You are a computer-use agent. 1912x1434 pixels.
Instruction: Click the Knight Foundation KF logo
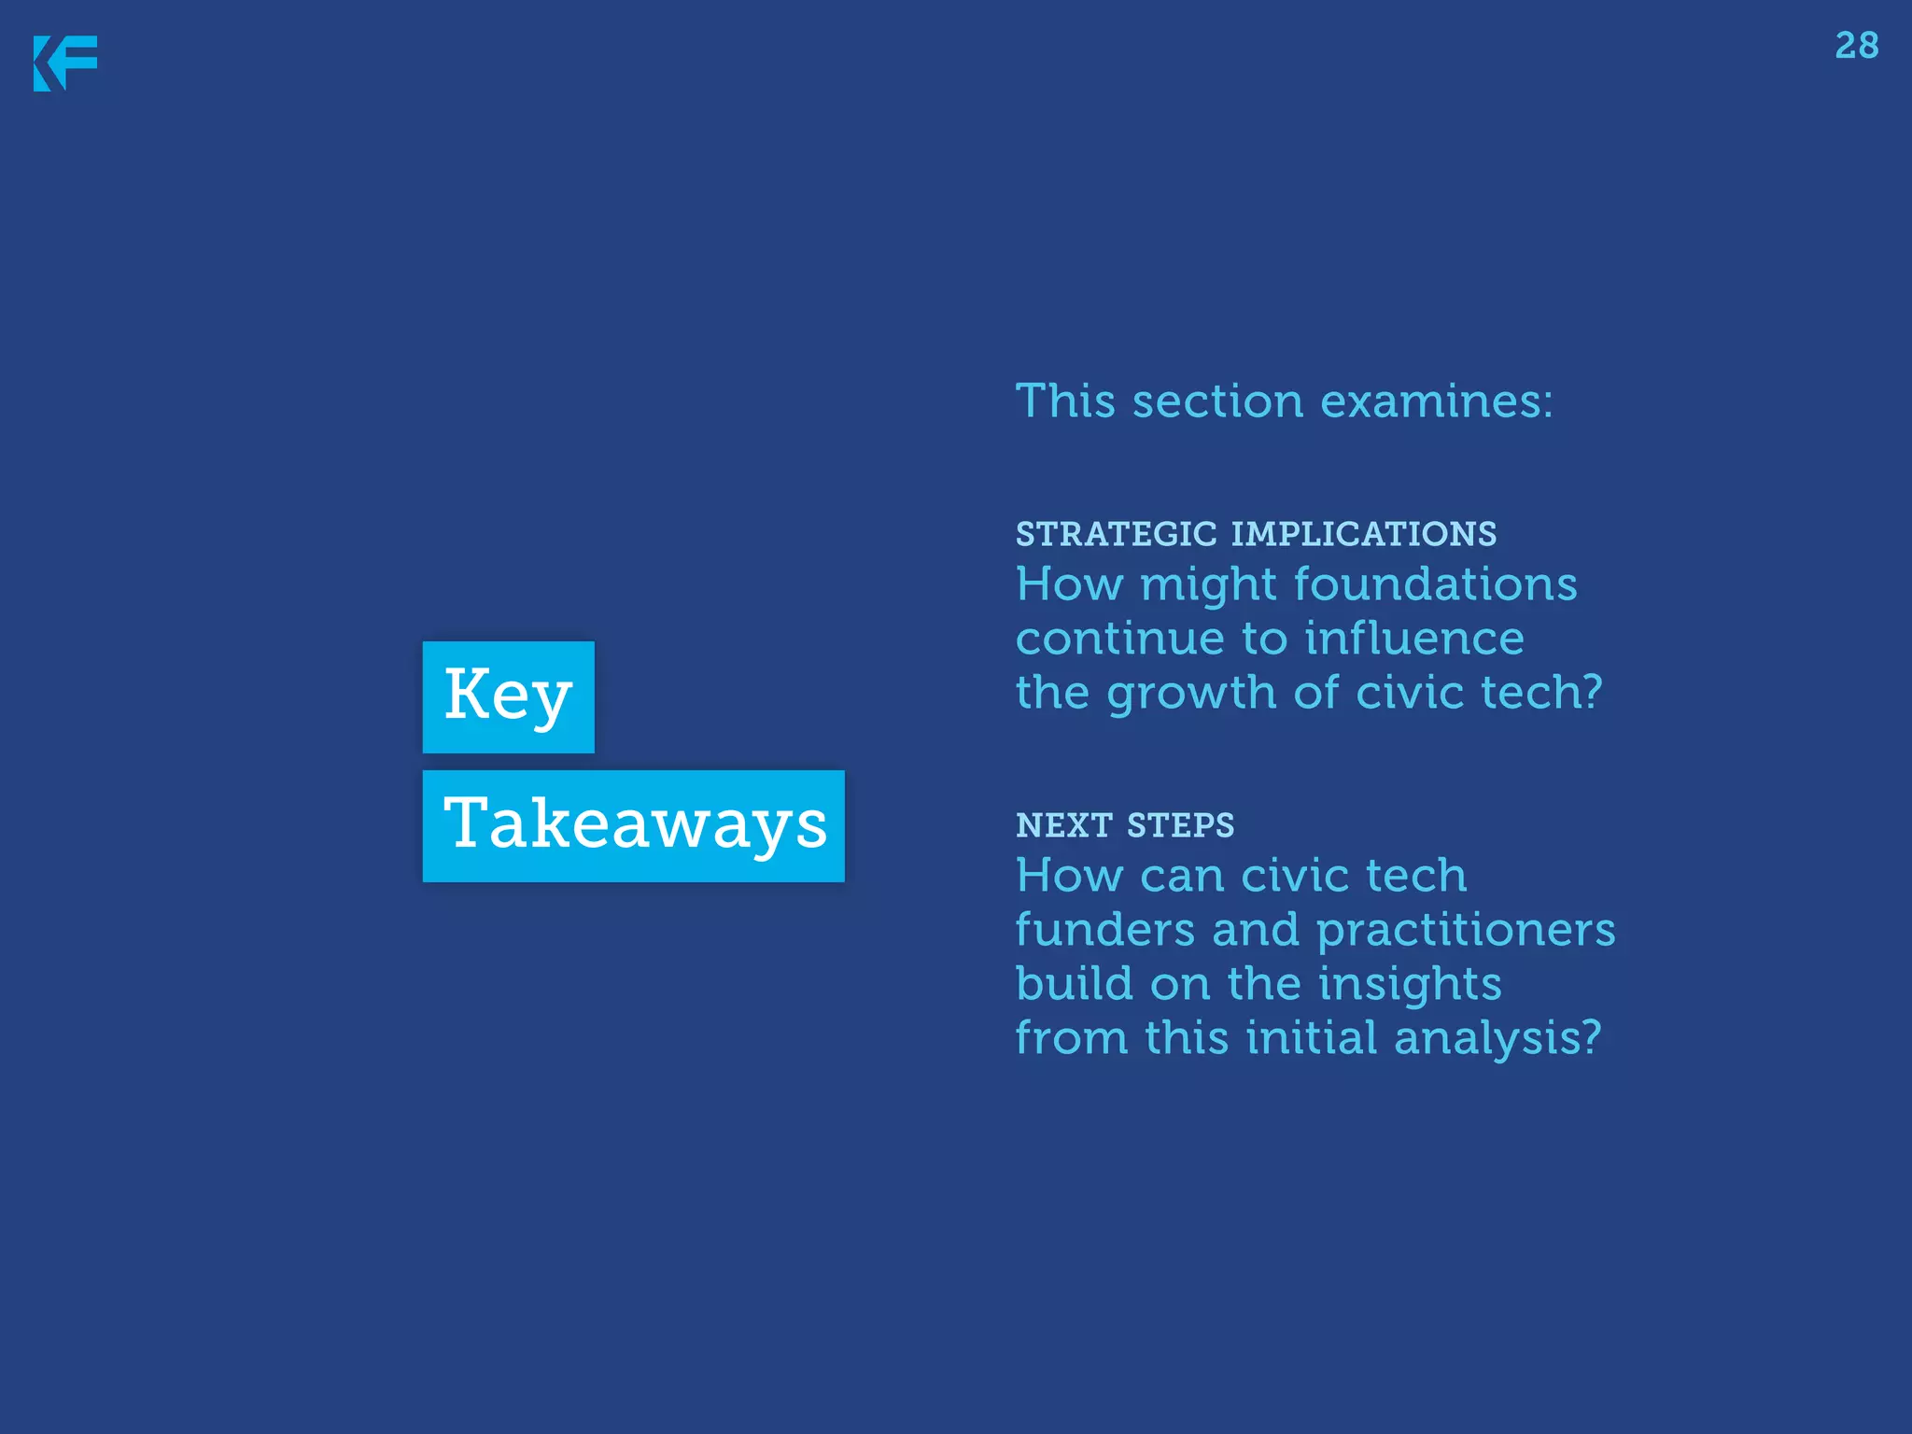pos(65,63)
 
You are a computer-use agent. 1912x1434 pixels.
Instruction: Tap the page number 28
pos(1856,46)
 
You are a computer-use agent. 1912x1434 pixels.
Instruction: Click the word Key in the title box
pos(508,696)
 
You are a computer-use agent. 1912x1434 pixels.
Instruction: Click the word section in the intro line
pos(1217,402)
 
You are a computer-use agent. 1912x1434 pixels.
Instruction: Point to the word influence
pos(1413,639)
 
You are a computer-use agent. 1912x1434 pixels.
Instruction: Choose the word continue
pos(1120,640)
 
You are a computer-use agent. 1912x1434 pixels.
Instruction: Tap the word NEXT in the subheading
pos(1064,825)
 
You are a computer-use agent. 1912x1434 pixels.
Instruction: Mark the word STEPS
pos(1180,825)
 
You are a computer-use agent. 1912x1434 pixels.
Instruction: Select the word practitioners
pos(1466,932)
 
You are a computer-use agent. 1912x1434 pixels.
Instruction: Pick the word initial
pos(1312,1038)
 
